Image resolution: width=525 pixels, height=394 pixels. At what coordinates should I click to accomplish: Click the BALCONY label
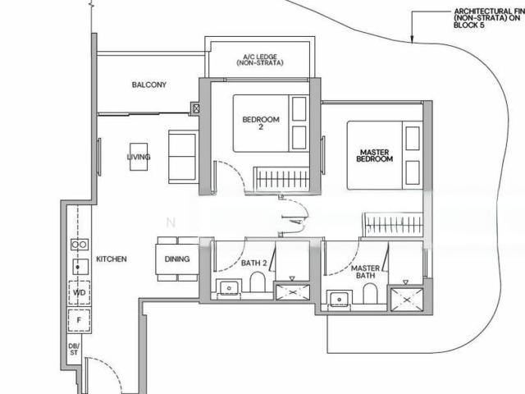(x=148, y=85)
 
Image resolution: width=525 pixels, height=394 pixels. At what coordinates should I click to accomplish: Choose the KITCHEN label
(x=112, y=259)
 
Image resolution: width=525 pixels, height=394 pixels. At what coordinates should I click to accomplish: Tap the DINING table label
(x=176, y=259)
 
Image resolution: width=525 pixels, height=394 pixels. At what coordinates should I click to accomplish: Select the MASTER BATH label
(x=363, y=273)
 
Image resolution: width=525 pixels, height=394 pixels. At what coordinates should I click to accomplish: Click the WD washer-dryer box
(x=80, y=291)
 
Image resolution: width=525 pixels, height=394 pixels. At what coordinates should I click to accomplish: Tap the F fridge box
(x=80, y=318)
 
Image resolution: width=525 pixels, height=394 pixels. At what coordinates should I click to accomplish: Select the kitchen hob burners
(x=80, y=244)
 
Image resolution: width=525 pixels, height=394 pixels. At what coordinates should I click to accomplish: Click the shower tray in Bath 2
(x=291, y=291)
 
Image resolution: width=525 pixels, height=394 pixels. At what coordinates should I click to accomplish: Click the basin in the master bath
(x=336, y=300)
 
